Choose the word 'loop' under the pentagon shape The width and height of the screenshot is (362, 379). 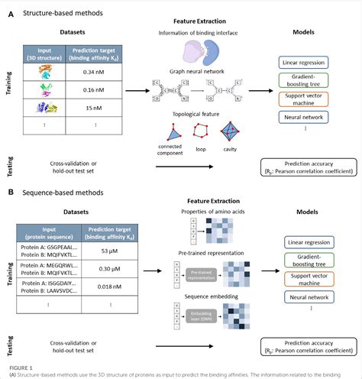tap(202, 145)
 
